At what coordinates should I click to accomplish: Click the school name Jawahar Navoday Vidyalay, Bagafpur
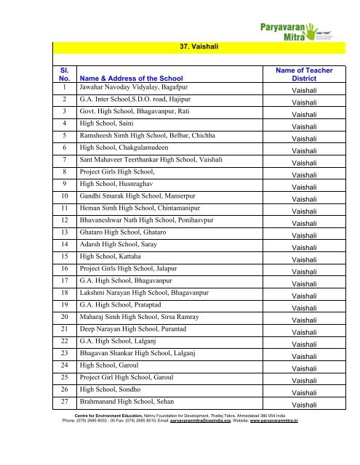click(127, 86)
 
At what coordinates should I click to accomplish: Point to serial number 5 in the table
click(65, 135)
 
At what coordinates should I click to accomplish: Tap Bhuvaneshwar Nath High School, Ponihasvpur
click(143, 221)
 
